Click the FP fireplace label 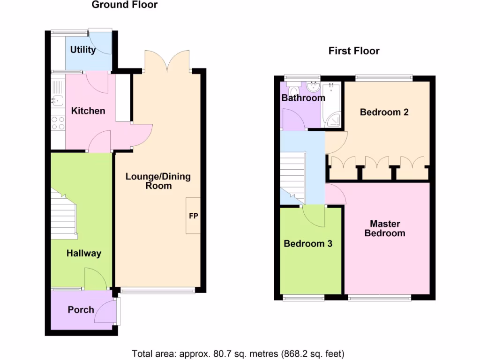click(x=193, y=216)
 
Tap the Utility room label click(x=83, y=50)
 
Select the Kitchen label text click(x=88, y=111)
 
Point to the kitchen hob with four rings click(x=58, y=123)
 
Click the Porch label click(x=81, y=310)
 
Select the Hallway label click(x=83, y=254)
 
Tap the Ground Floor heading click(x=125, y=5)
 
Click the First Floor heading click(x=354, y=51)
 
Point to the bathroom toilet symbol click(x=294, y=90)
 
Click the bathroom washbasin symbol click(x=312, y=86)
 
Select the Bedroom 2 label click(x=384, y=112)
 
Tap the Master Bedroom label click(x=385, y=228)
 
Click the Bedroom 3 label click(x=308, y=244)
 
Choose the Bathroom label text click(x=303, y=98)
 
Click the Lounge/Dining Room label click(x=158, y=181)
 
